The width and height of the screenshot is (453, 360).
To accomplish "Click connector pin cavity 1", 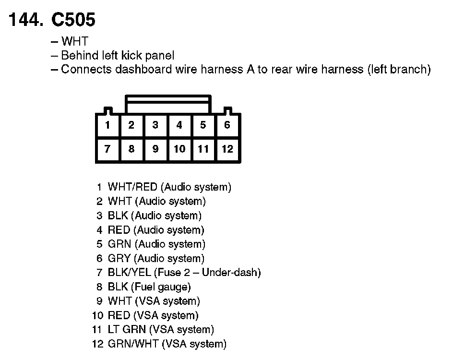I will (107, 125).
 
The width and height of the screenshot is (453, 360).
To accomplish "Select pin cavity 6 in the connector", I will (227, 125).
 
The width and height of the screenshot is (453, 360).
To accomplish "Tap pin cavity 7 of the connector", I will (107, 149).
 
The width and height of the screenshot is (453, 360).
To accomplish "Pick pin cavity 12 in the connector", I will (227, 149).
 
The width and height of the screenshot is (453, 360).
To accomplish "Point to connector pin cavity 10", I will (179, 149).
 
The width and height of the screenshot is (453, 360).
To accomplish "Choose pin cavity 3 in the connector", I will (155, 125).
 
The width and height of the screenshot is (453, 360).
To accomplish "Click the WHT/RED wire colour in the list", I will (132, 187).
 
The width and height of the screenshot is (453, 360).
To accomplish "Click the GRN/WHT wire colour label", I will (133, 344).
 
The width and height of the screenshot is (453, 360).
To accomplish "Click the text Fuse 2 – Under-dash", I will (207, 273).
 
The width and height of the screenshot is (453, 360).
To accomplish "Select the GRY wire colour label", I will (119, 258).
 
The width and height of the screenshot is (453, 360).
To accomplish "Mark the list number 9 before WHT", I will (99, 301).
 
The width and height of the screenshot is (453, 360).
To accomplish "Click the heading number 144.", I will (26, 20).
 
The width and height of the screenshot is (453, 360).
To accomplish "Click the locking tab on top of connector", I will (167, 104).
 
